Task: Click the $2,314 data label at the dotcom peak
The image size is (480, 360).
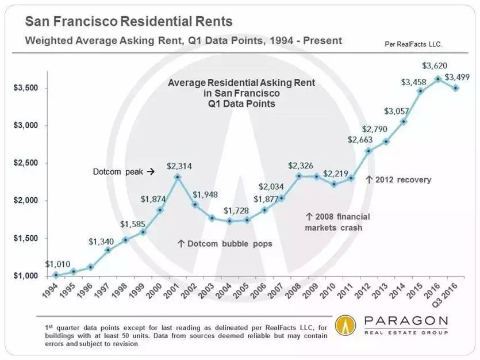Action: tap(179, 166)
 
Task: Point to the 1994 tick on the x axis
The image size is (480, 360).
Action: tap(49, 291)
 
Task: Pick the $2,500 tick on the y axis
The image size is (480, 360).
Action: tap(26, 163)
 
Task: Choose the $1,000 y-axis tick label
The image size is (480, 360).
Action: tap(26, 276)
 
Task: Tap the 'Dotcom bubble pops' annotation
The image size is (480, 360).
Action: tap(224, 244)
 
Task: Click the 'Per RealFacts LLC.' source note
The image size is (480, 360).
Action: tap(417, 44)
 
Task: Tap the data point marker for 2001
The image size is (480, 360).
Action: tap(179, 177)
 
